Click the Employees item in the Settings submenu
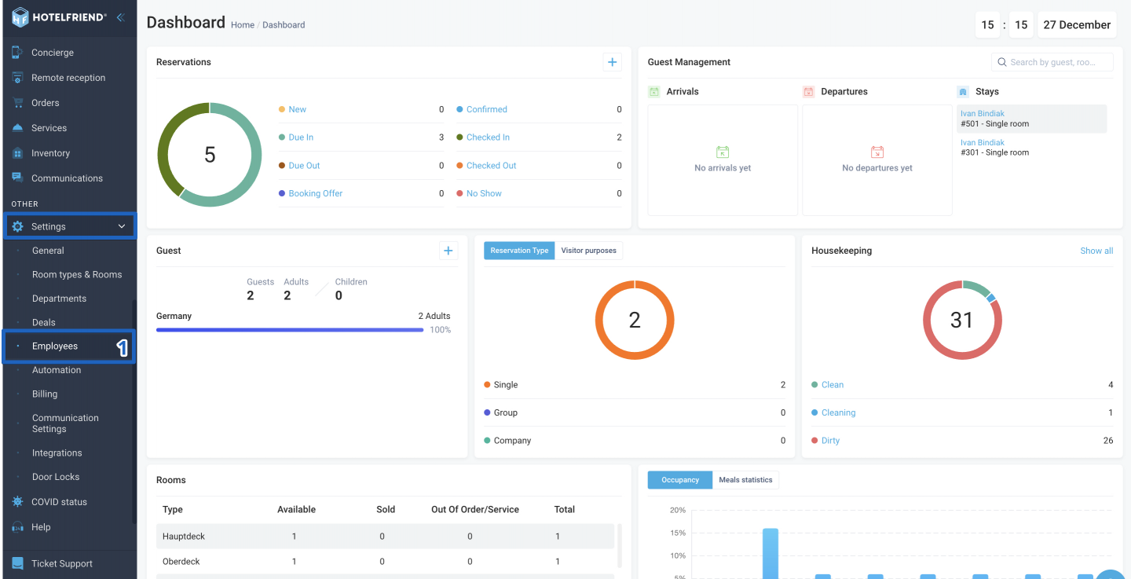[54, 346]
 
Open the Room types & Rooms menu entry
[77, 274]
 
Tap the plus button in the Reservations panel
[612, 62]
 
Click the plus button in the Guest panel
[448, 251]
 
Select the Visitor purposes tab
[588, 251]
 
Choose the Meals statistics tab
[745, 480]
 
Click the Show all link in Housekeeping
[1096, 251]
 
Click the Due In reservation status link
[301, 137]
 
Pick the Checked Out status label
[491, 166]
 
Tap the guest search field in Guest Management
[1052, 62]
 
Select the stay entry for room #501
[1031, 119]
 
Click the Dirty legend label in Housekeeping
[830, 441]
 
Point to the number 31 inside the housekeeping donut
[961, 320]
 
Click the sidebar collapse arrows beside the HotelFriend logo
[121, 18]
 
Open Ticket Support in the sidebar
[61, 563]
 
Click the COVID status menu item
[59, 502]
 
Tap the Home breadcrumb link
[243, 25]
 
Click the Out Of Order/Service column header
[474, 509]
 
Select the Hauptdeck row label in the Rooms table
[183, 536]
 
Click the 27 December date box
[1077, 25]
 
